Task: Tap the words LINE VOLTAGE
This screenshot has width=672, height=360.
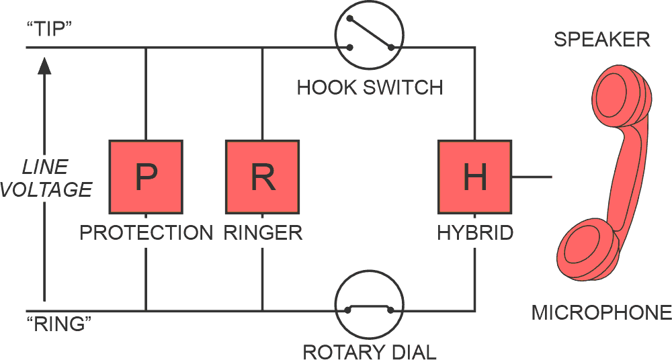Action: tap(46, 178)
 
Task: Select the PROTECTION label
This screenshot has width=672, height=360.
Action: tap(146, 233)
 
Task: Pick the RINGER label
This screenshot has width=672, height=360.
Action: tap(263, 233)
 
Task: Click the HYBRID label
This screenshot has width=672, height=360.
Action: tap(475, 233)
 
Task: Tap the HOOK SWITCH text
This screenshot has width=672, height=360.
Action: tap(370, 87)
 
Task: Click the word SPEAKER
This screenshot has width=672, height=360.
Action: tap(601, 40)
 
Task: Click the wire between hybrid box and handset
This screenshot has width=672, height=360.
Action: tap(532, 177)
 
